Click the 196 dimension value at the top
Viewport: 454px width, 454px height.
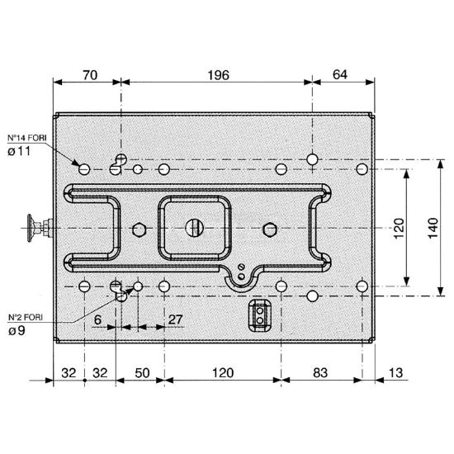click(218, 75)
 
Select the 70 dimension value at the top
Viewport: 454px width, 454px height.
click(90, 75)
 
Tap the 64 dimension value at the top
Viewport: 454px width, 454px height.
click(339, 74)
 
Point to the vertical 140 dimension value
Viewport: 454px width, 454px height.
click(433, 228)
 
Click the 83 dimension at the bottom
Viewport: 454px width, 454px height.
click(320, 373)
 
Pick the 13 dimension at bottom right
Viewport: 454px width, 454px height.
click(395, 373)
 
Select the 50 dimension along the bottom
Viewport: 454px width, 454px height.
click(142, 373)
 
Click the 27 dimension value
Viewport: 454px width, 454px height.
click(176, 319)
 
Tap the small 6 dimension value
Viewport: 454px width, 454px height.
click(98, 320)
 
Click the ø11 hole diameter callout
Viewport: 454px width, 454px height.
click(19, 151)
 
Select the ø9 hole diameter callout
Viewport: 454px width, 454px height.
click(17, 330)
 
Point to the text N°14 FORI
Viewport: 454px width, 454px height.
click(27, 138)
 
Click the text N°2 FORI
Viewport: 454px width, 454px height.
click(26, 317)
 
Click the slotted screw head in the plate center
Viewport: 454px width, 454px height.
click(194, 228)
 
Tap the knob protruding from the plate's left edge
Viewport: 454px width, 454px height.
click(40, 228)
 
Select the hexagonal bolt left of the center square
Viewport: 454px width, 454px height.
click(139, 229)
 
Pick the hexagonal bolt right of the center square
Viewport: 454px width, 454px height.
click(270, 229)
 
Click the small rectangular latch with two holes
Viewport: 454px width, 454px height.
click(260, 315)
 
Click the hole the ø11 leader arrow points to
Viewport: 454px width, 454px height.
click(84, 169)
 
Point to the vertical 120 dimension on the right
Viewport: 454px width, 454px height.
click(399, 228)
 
